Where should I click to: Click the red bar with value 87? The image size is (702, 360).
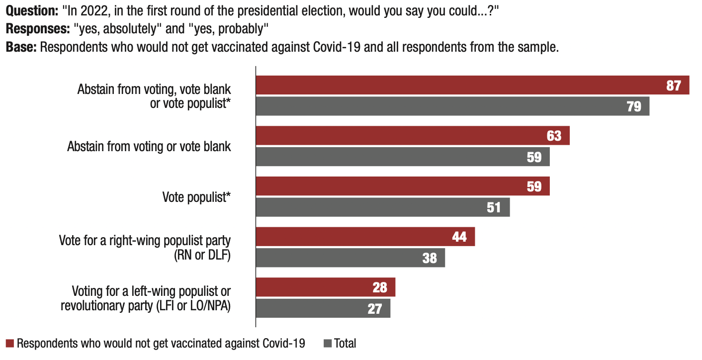pyautogui.click(x=472, y=85)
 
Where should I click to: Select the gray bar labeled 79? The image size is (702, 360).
pyautogui.click(x=452, y=106)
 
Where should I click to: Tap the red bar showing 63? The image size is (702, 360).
pyautogui.click(x=413, y=136)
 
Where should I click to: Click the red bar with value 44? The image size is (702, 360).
pyautogui.click(x=365, y=237)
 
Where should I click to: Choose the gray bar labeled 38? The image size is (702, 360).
pyautogui.click(x=351, y=258)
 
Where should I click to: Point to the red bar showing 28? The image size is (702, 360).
pyautogui.click(x=326, y=287)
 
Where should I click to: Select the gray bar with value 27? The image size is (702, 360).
pyautogui.click(x=323, y=308)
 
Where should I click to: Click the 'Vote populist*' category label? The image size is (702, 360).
pyautogui.click(x=196, y=197)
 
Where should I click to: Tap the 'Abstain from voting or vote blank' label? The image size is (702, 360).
pyautogui.click(x=149, y=147)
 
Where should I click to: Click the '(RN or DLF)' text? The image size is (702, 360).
pyautogui.click(x=202, y=257)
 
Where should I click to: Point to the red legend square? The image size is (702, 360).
pyautogui.click(x=10, y=344)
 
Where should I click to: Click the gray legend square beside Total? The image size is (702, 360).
pyautogui.click(x=328, y=344)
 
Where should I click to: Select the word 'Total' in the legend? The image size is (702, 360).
pyautogui.click(x=345, y=344)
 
